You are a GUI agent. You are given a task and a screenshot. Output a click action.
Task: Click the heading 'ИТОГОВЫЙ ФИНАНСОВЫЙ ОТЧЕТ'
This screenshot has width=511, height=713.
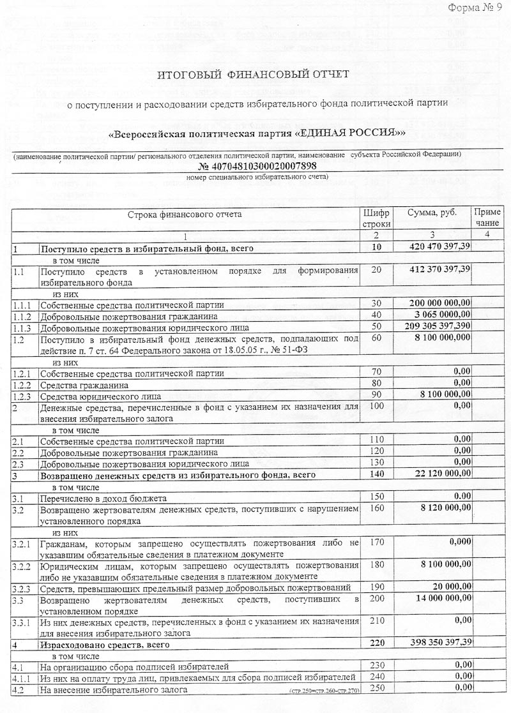[254, 75]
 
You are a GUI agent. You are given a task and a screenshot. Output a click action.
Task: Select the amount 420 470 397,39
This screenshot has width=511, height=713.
[440, 246]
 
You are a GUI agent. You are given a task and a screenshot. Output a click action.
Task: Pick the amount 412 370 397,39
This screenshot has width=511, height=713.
[440, 270]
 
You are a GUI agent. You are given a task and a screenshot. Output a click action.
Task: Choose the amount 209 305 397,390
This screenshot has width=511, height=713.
[440, 326]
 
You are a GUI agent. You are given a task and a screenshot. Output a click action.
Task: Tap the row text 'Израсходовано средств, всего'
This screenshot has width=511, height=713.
[100, 643]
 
